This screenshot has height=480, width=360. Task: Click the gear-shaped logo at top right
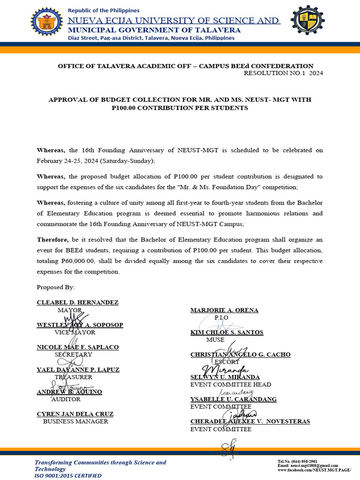pos(307,21)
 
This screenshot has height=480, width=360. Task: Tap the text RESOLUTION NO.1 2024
pos(284,73)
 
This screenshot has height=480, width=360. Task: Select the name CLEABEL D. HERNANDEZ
pos(77,302)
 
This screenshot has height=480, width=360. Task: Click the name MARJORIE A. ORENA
pos(224,310)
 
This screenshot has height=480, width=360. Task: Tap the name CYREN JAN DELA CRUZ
pos(75,414)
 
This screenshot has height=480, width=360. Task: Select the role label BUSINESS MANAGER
pos(75,421)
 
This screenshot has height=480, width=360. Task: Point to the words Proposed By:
pos(56,286)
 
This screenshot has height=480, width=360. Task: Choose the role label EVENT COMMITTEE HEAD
pos(231,385)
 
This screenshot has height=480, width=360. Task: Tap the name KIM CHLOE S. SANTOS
pos(226,332)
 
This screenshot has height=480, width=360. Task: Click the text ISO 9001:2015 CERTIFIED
pos(67,475)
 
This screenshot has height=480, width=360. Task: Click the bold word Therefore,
pos(52,240)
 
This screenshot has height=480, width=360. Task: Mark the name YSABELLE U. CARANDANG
pos(233,399)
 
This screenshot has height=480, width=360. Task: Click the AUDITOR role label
pos(66,399)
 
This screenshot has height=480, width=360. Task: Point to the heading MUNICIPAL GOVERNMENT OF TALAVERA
pos(154,30)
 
